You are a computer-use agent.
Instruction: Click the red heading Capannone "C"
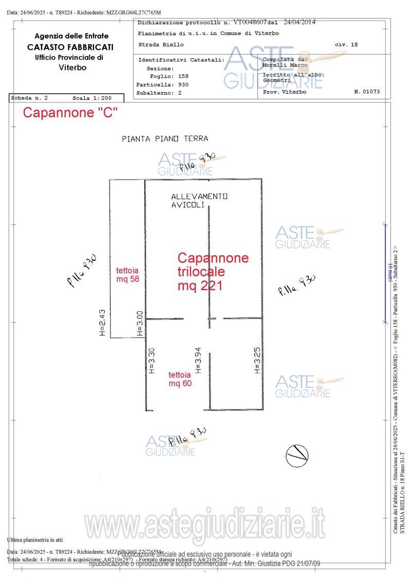(70, 113)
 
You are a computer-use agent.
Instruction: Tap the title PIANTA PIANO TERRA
(165, 138)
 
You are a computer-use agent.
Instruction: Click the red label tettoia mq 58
(127, 274)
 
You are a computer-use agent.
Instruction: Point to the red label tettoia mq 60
(180, 379)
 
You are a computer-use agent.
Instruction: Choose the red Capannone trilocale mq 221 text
(213, 272)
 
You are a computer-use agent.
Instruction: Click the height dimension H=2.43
(102, 322)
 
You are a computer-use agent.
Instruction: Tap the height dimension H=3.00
(139, 324)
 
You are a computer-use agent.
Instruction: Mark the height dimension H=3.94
(198, 360)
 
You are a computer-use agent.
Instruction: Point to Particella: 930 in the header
(162, 84)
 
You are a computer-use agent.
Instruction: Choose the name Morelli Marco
(285, 65)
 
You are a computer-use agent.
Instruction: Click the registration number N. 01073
(367, 92)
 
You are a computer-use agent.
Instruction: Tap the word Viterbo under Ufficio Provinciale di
(72, 67)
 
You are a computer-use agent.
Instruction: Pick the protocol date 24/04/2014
(300, 22)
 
